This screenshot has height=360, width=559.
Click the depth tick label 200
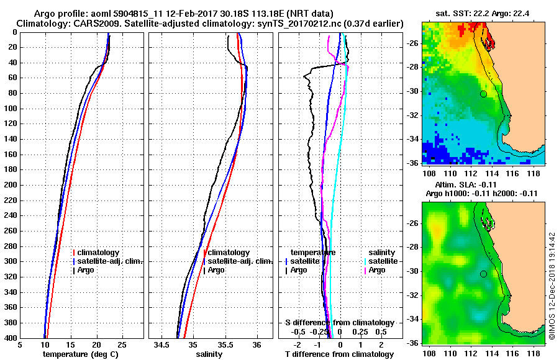pos(11,185)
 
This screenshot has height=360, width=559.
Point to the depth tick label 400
pos(11,338)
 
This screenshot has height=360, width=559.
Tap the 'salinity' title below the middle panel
pos(209,354)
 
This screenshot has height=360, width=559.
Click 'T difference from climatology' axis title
pos(339,354)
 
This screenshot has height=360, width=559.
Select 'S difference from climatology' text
pos(339,323)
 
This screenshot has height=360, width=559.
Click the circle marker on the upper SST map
pos(483,94)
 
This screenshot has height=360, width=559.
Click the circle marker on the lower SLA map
pos(483,274)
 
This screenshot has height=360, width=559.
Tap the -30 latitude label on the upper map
pos(413,91)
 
